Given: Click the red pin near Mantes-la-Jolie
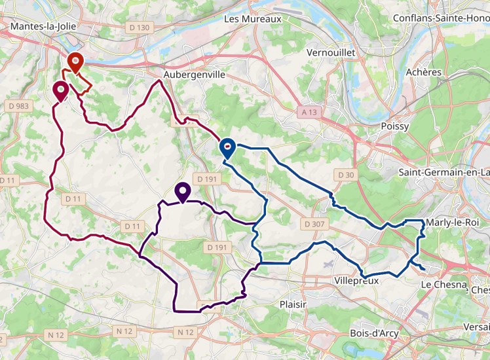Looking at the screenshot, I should click(x=76, y=63).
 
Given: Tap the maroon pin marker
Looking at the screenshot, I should click(x=61, y=91).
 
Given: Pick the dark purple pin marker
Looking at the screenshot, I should click(x=183, y=192).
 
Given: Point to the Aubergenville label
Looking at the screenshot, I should click(x=195, y=75).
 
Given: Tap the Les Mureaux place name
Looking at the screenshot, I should click(x=252, y=19).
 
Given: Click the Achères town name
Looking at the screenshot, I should click(x=424, y=72).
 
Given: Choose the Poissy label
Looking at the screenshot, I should click(x=394, y=126).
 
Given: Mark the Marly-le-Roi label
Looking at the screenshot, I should click(x=453, y=223).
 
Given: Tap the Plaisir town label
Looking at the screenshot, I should click(x=293, y=304).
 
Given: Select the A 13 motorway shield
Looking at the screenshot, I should click(x=309, y=113).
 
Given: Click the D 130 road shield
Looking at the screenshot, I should click(x=139, y=27).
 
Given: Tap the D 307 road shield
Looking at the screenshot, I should click(x=314, y=224).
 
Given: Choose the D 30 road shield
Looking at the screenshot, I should click(x=344, y=175).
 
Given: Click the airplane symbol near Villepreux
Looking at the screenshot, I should click(x=328, y=264).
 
